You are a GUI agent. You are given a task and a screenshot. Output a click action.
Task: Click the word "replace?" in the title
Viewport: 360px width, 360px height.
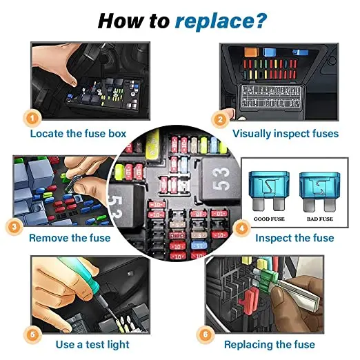[x=220, y=21]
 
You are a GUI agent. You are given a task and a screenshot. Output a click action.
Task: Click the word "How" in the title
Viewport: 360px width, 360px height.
[x=122, y=20]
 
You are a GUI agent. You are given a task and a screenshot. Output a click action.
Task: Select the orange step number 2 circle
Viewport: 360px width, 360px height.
[x=220, y=119]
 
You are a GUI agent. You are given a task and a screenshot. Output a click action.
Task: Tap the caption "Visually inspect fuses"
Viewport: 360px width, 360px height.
[x=286, y=133]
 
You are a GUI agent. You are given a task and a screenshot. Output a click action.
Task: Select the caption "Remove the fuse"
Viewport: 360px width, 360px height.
[x=70, y=238]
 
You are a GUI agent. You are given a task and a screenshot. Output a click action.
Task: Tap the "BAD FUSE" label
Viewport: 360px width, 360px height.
[x=319, y=218]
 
